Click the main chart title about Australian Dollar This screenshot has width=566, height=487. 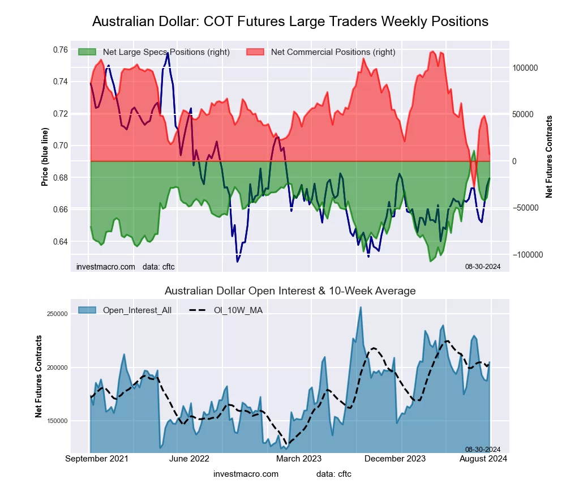click(290, 22)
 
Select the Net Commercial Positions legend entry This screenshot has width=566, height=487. click(333, 52)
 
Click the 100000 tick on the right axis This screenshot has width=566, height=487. click(525, 68)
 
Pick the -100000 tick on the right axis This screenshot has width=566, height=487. click(526, 255)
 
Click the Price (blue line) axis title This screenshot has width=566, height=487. click(45, 157)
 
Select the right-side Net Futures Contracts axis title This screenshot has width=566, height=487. click(548, 157)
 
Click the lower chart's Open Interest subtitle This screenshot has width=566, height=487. click(290, 291)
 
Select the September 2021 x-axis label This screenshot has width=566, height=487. click(97, 458)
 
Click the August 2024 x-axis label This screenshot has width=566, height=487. click(482, 458)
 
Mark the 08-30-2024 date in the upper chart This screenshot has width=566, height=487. click(483, 266)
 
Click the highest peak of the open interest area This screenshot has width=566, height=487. click(360, 307)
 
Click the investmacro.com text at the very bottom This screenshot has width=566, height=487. click(246, 473)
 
